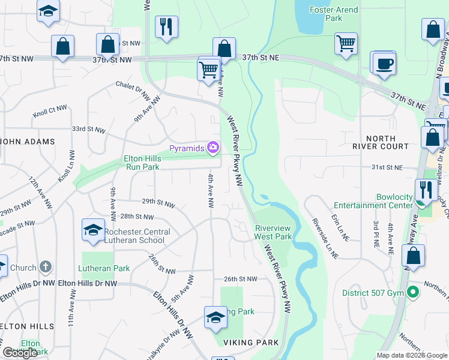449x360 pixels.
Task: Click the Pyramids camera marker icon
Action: point(213,147)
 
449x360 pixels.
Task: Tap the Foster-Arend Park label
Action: point(334,14)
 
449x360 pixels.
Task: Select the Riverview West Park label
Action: point(273,232)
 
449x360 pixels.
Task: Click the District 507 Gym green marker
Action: point(412,293)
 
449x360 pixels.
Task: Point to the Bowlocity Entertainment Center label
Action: point(395,201)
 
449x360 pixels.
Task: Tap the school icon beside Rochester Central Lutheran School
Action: point(93,230)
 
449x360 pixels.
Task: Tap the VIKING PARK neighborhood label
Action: point(252,343)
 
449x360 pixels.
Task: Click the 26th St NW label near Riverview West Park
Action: point(240,279)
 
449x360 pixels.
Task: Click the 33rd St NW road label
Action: point(88,129)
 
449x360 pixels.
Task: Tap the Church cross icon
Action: point(46,267)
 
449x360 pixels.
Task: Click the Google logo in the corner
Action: point(20,353)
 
